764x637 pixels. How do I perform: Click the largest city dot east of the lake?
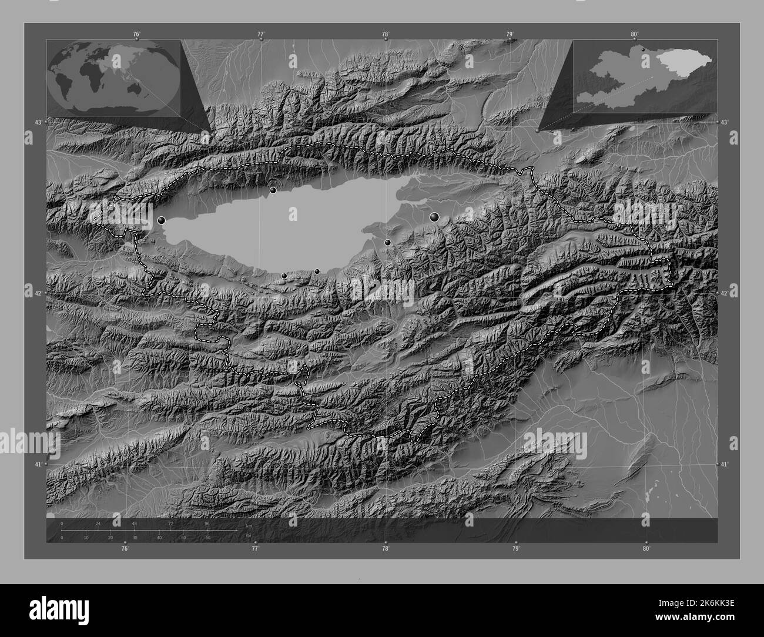(x=435, y=217)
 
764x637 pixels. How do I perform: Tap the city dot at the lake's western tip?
(x=162, y=220)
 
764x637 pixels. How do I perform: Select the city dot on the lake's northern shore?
(x=273, y=190)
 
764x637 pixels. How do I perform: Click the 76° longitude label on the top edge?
(x=136, y=34)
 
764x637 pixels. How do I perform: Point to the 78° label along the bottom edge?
(x=386, y=549)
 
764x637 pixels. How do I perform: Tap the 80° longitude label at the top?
(x=634, y=34)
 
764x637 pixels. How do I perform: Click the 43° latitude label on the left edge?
(x=38, y=122)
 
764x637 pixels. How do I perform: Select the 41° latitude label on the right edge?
(x=724, y=464)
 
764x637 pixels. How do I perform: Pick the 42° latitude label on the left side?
(x=38, y=293)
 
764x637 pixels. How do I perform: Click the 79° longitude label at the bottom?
(x=515, y=549)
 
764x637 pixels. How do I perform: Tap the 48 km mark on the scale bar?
(x=135, y=523)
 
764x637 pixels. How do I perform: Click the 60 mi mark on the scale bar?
(x=207, y=537)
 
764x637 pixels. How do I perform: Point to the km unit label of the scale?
(x=249, y=525)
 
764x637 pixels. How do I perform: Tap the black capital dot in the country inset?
(x=643, y=49)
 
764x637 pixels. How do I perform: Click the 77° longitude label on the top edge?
(x=260, y=34)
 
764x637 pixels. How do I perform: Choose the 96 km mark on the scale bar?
(x=207, y=523)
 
